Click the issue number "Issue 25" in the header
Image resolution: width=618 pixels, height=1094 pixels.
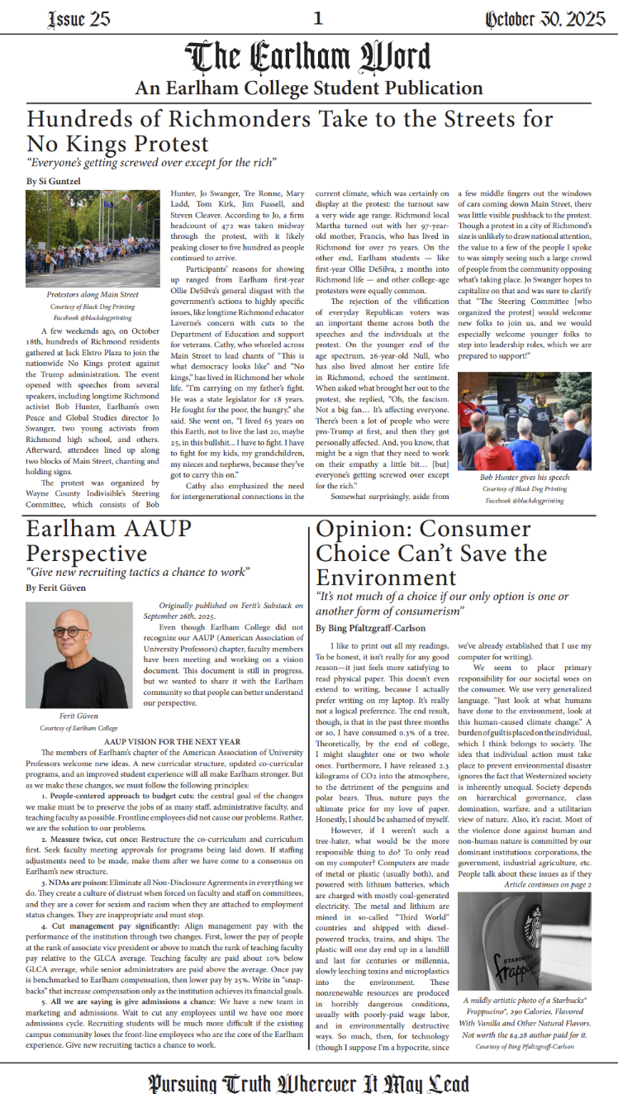[79, 19]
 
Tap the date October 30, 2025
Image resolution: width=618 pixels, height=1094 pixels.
[544, 19]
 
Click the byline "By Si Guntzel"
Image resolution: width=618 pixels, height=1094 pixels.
[53, 179]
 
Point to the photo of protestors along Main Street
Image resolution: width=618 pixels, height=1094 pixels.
[93, 239]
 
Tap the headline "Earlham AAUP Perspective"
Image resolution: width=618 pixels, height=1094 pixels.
[108, 541]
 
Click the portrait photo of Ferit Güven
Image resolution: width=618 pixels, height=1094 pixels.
[79, 654]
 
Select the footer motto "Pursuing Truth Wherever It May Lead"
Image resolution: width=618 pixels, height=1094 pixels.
[308, 1082]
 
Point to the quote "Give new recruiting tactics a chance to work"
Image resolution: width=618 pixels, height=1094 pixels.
[138, 571]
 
